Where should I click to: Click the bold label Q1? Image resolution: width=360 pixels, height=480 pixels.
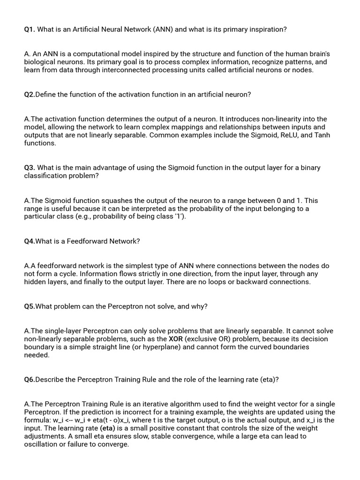(x=30, y=30)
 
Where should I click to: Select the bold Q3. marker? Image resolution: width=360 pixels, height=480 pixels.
(x=30, y=168)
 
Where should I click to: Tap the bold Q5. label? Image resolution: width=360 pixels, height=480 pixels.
(x=30, y=307)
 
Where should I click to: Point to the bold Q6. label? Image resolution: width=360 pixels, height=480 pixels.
(x=30, y=380)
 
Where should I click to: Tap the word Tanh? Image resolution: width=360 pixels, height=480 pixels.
(x=322, y=135)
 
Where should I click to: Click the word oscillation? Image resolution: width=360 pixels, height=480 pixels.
(x=41, y=444)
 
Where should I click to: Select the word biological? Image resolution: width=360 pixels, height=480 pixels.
(x=40, y=62)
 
